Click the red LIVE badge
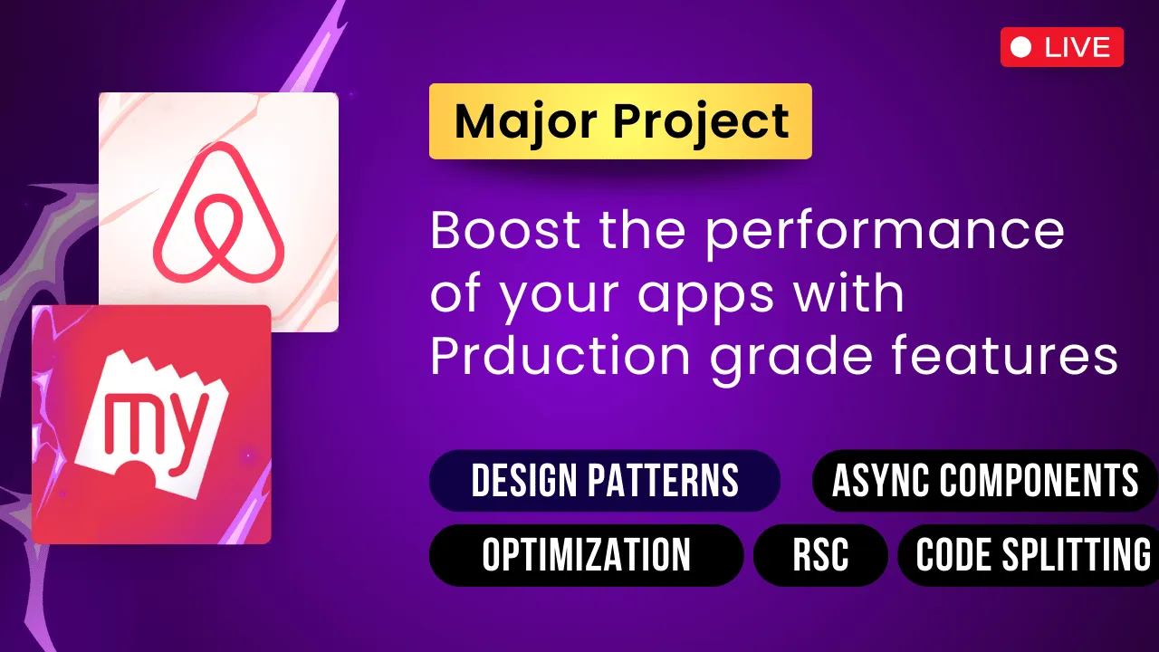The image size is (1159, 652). point(1061,47)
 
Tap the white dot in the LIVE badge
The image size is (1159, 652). point(1020,47)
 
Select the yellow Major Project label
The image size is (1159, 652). point(620,121)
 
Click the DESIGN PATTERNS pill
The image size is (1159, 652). point(604,481)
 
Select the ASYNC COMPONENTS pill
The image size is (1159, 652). point(985,481)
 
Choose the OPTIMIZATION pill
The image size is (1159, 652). point(586,554)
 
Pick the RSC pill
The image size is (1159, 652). point(820,554)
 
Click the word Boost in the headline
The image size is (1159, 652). point(504,231)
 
